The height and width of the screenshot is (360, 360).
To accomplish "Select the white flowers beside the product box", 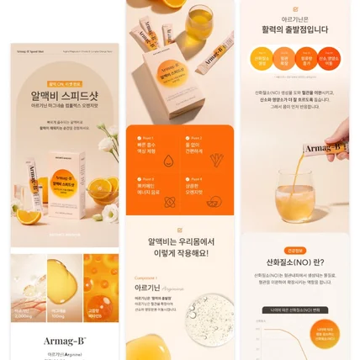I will point(109,142).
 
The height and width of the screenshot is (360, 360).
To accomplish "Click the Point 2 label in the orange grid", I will point(195,137).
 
